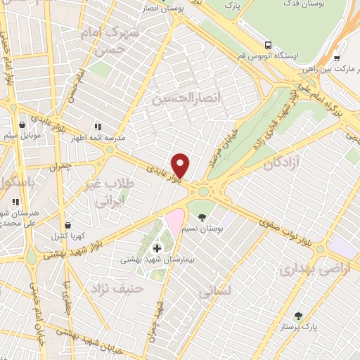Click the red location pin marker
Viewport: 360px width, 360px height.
pyautogui.click(x=181, y=165)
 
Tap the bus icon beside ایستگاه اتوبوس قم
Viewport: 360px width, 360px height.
pyautogui.click(x=267, y=43)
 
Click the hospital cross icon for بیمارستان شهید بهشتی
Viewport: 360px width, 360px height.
pyautogui.click(x=156, y=247)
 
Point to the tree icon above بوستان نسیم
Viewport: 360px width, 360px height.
pyautogui.click(x=202, y=217)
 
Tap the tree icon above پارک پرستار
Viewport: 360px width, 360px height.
pyautogui.click(x=298, y=316)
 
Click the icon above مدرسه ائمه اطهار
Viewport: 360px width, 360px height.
pyautogui.click(x=96, y=127)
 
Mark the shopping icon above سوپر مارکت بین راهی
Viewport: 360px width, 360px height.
pyautogui.click(x=337, y=58)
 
